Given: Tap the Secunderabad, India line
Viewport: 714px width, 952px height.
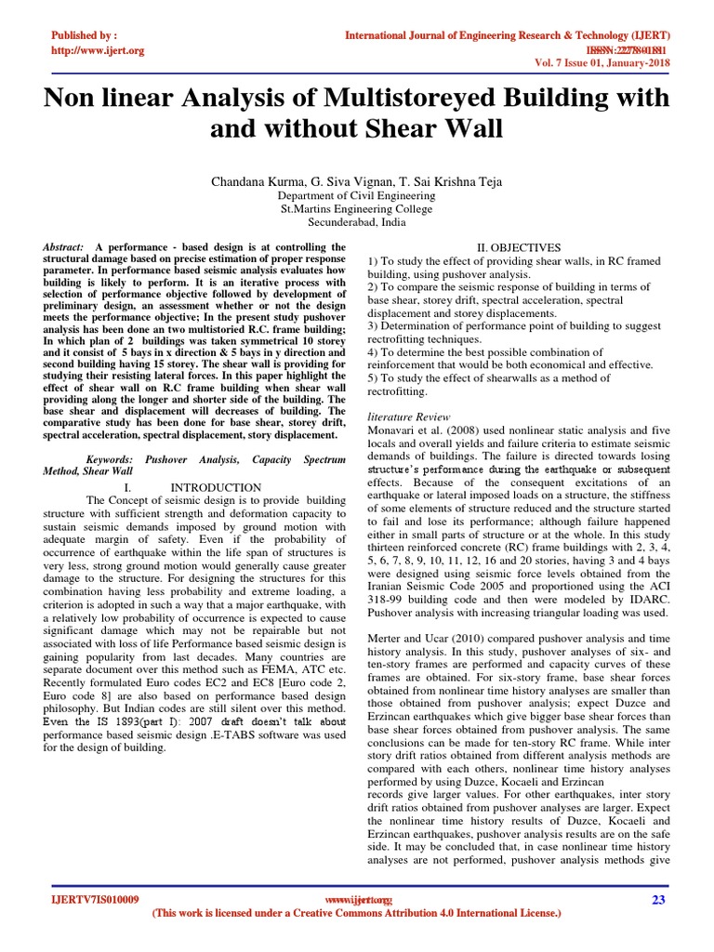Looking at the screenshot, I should [357, 223].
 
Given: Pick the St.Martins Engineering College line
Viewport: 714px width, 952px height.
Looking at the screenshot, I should [357, 210].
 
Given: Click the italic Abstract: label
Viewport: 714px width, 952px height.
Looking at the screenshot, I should [63, 246].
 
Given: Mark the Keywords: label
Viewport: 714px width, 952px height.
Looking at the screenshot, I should [109, 459].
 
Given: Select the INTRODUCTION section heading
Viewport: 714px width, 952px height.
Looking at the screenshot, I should [216, 487].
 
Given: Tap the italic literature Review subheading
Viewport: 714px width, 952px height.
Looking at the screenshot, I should [410, 417].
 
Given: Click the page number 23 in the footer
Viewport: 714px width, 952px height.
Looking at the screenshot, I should [662, 899].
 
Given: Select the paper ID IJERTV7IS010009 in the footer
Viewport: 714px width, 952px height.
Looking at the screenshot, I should [95, 900].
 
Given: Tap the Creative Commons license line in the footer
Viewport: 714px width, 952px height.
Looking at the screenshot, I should [357, 914].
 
